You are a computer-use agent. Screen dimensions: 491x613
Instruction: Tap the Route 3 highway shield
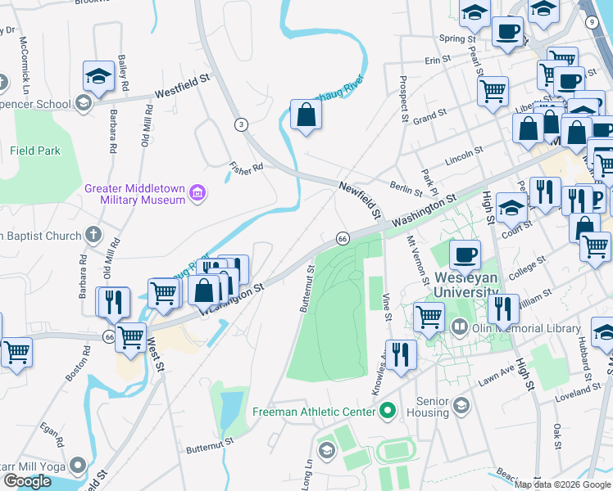pyautogui.click(x=240, y=124)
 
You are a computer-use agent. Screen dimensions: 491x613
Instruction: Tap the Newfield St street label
pyautogui.click(x=361, y=200)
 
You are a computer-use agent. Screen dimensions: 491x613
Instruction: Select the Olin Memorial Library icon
pyautogui.click(x=460, y=328)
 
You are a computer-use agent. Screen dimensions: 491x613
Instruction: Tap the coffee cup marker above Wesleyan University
pyautogui.click(x=465, y=254)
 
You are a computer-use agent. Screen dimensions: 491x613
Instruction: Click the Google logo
pyautogui.click(x=27, y=481)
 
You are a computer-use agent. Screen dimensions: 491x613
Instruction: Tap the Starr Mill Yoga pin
pyautogui.click(x=78, y=466)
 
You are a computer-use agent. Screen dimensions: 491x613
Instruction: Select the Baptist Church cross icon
pyautogui.click(x=93, y=235)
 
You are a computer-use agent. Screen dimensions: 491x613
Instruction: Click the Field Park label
pyautogui.click(x=35, y=151)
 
